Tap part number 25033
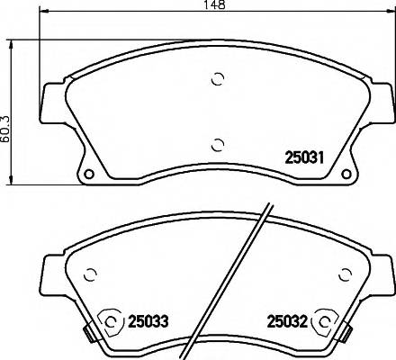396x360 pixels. point(148,319)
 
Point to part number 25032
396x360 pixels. point(285,319)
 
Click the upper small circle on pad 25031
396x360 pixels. point(216,79)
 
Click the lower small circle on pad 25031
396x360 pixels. point(216,142)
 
